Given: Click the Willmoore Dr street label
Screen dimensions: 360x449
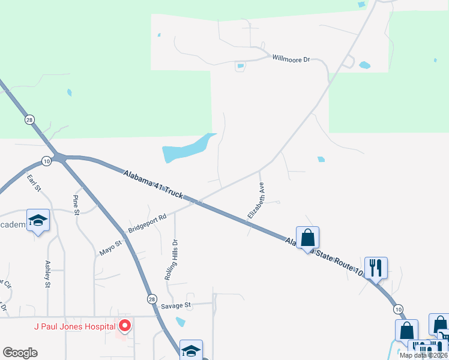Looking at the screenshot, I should pos(291,59).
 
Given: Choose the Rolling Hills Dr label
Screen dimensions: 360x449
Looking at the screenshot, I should pos(172,261).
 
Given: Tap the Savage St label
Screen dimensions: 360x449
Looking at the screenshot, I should pos(175,305).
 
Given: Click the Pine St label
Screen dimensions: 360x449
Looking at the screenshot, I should pos(76,205).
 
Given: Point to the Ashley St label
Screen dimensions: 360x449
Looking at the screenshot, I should pos(48,274).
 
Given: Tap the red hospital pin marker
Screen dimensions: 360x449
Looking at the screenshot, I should pos(125,326).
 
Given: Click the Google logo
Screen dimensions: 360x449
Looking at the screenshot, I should pos(20,353).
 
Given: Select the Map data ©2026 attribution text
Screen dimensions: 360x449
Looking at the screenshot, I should pos(423,355).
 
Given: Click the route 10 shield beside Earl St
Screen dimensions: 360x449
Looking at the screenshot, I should pos(46,160).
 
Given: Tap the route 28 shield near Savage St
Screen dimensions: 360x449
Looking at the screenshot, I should pos(152,298).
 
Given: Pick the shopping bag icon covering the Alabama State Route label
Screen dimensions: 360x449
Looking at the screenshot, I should pos(307,238).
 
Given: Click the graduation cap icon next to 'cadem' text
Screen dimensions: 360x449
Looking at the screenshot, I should pos(38,221).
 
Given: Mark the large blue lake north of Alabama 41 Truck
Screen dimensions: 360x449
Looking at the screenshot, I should pos(187,149).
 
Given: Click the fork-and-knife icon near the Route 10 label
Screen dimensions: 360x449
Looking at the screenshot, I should pos(376,268).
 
